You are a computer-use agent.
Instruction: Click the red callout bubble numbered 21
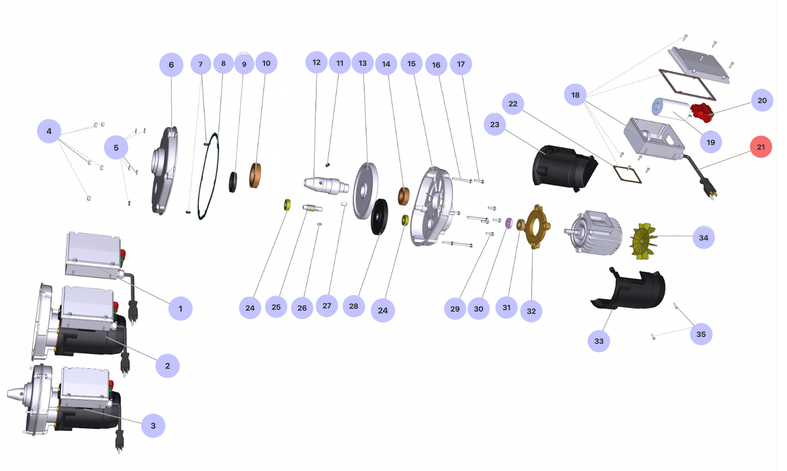pos(760,147)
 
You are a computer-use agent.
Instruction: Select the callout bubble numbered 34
pos(703,238)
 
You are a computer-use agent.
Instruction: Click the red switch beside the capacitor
pos(701,113)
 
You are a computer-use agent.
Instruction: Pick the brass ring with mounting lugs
pos(537,226)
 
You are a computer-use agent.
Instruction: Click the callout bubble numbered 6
pos(171,65)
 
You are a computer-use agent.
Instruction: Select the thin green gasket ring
pos(209,177)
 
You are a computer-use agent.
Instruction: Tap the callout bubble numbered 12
pos(316,62)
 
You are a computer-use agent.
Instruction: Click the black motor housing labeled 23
pos(563,167)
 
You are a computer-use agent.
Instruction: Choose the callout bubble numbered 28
pos(353,306)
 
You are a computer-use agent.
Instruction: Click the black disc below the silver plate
pos(379,217)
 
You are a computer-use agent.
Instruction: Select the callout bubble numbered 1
pos(180,309)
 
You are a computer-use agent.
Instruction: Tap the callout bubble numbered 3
pos(153,426)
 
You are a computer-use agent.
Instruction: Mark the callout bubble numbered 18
pos(575,95)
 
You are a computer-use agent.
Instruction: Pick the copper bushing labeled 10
pos(255,175)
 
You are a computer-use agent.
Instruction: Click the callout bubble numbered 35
pos(701,334)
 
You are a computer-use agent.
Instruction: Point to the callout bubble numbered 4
pos(49,131)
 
